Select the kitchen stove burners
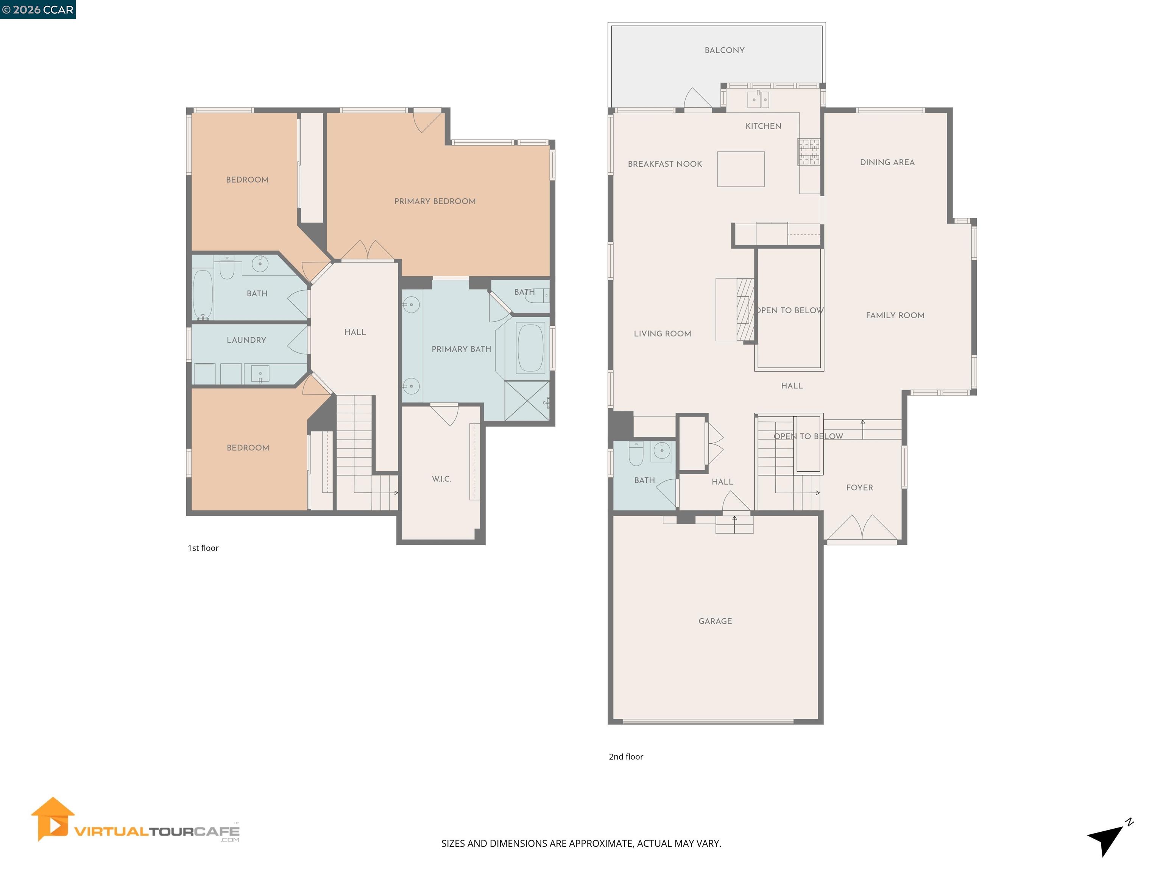coord(809,151)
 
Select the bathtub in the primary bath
coord(530,348)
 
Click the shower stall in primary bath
coord(527,401)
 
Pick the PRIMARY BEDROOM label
coord(435,201)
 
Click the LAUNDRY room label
coord(246,340)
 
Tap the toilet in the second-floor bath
coord(636,454)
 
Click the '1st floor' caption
coord(203,548)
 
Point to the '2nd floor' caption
coord(626,756)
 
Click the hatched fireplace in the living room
coord(745,310)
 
